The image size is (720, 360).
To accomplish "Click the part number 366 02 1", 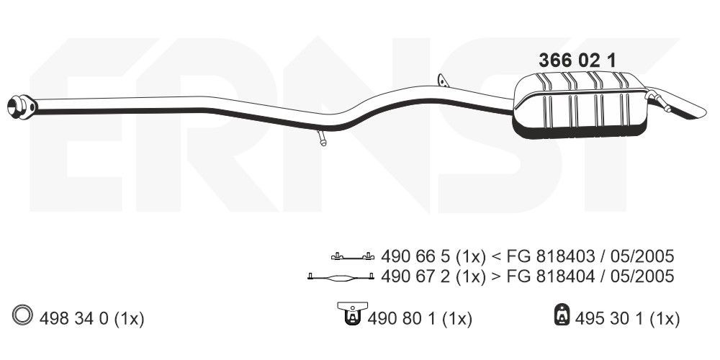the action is click(577, 60).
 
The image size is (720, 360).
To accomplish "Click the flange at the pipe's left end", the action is click(21, 107).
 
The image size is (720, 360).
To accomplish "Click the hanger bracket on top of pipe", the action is click(443, 81).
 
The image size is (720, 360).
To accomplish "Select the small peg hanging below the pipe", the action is click(321, 138).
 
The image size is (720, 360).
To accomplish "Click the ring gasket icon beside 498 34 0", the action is click(22, 315).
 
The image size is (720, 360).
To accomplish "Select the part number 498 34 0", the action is click(74, 319).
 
